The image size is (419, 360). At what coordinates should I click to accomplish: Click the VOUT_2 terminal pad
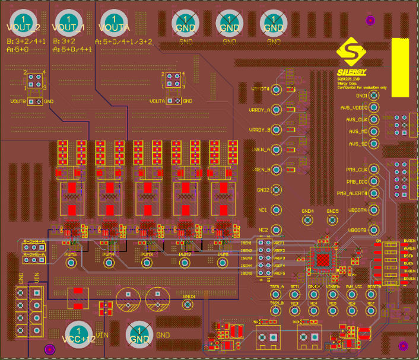coord(23,24)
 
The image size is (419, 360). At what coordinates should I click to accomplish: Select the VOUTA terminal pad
coord(116,24)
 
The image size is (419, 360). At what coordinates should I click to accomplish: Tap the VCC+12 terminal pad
coord(78,335)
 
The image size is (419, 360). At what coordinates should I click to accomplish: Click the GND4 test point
coord(307,220)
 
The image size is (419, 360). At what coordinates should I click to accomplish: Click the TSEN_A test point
coord(275,294)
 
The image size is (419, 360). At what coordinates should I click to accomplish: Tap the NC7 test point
coord(372,294)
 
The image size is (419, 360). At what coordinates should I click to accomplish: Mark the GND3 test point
coord(188,305)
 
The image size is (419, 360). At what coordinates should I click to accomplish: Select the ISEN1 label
coord(246,243)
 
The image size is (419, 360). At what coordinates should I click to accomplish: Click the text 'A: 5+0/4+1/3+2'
coord(123,42)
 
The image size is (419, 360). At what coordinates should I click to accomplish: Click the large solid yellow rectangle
coord(401,67)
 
